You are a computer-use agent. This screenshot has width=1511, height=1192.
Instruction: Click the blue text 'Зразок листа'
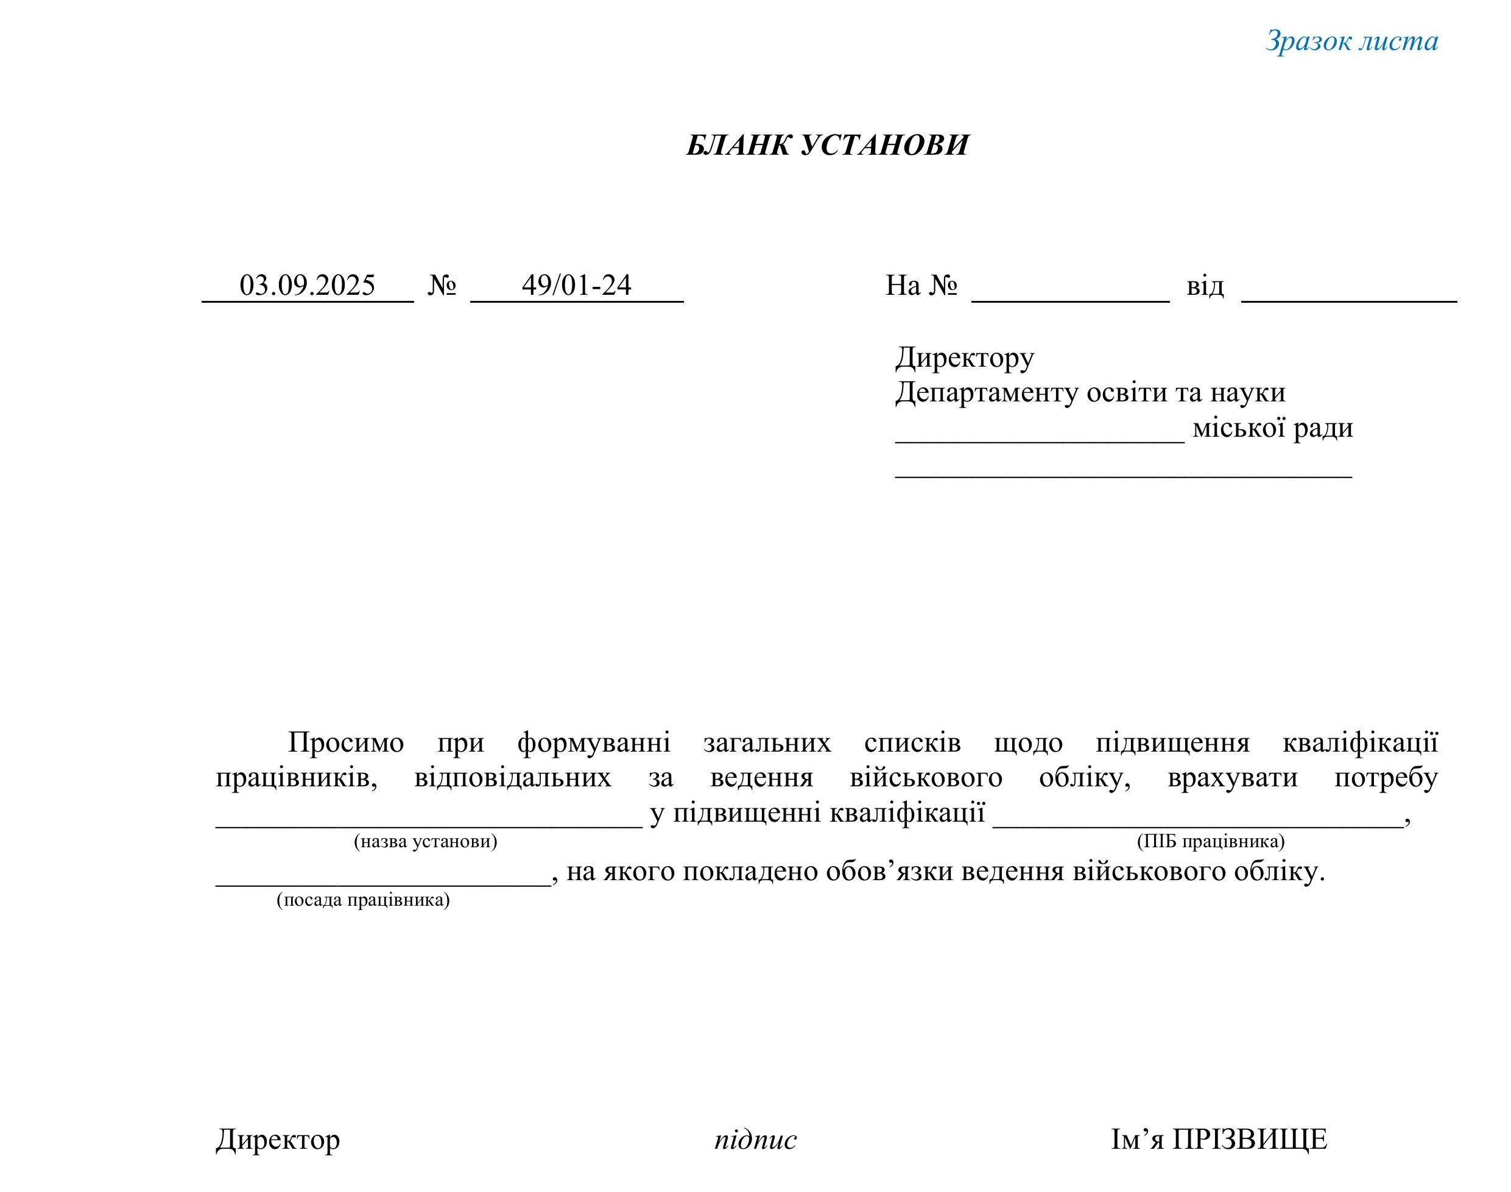(1351, 41)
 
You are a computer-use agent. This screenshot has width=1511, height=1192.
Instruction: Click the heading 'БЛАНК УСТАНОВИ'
(827, 145)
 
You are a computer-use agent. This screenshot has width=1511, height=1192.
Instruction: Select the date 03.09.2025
(307, 286)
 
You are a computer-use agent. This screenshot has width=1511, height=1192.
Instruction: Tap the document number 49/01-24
(577, 286)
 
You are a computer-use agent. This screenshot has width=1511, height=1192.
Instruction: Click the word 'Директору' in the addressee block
(965, 358)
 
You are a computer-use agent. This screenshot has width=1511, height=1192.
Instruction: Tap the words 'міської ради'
(1272, 428)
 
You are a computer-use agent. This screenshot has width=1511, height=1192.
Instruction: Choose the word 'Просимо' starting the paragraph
(346, 742)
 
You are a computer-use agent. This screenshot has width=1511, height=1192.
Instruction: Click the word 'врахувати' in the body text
(1233, 777)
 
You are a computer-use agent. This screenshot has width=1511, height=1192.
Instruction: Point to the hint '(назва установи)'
(426, 841)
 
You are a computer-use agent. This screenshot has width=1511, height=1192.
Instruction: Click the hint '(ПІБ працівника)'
(1210, 841)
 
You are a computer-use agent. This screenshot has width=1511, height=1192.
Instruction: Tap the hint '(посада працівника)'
(363, 900)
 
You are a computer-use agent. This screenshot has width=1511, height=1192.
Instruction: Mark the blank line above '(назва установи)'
(429, 824)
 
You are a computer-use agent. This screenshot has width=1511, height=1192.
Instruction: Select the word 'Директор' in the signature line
(278, 1139)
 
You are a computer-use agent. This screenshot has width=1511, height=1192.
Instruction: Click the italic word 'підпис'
(755, 1140)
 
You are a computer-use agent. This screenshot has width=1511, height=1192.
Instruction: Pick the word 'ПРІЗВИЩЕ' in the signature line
(1249, 1139)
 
